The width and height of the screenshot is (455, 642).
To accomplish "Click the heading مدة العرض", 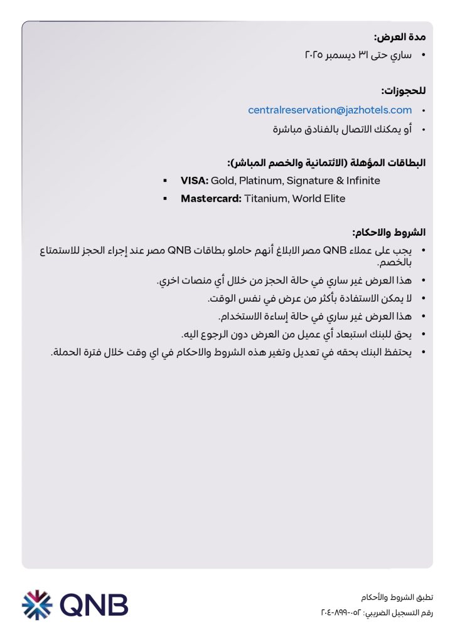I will (x=400, y=37).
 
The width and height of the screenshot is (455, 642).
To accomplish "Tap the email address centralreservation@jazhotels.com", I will (x=330, y=110).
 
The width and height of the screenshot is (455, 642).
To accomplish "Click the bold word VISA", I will (x=194, y=181).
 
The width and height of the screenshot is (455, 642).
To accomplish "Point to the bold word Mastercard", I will (x=211, y=199).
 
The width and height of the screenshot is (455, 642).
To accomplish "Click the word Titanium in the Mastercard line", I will (x=267, y=199).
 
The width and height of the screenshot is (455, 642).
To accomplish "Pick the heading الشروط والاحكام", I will (x=390, y=233).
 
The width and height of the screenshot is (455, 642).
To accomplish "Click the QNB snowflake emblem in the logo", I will (x=38, y=605).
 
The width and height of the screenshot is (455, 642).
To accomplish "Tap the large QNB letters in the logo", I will (x=95, y=605).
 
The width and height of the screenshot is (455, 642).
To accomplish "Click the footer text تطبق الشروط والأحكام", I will (x=397, y=597).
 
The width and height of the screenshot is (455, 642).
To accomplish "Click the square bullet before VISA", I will (x=165, y=181).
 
